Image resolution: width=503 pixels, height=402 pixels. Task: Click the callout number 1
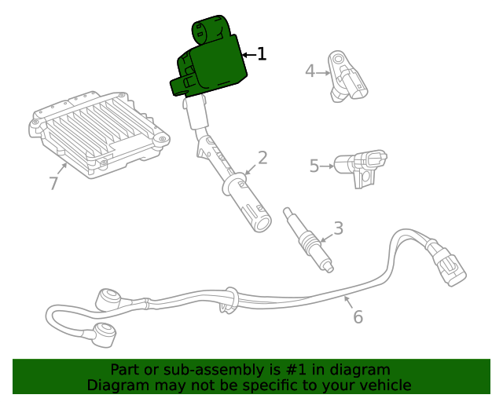(x=262, y=54)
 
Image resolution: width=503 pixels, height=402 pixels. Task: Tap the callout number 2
(x=263, y=158)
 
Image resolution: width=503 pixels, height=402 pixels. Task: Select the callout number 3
(x=338, y=228)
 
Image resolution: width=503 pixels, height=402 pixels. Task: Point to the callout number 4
(x=310, y=71)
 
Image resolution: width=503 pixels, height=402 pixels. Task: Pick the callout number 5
(x=314, y=166)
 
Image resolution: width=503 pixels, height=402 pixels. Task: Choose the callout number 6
(x=358, y=317)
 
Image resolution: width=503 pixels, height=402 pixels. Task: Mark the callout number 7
(x=53, y=184)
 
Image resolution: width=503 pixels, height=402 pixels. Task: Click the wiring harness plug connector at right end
(x=447, y=263)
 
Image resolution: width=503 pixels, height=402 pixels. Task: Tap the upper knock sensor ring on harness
(x=108, y=298)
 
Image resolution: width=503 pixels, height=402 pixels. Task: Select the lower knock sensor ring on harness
(x=102, y=333)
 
